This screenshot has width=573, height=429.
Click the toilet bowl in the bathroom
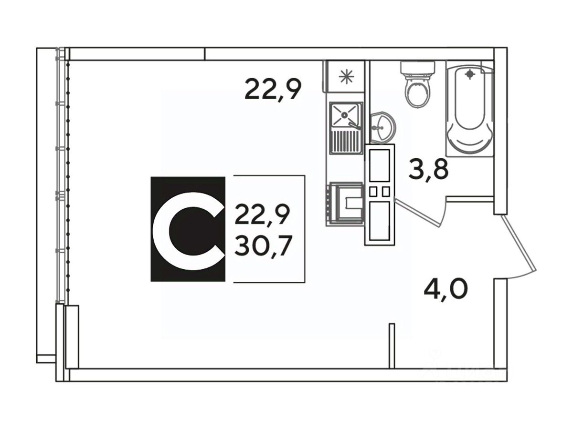pos(417,92)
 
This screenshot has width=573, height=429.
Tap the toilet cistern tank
pos(418,69)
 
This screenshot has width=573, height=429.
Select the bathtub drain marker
pos(471,74)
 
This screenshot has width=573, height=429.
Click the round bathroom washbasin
pos(382,127)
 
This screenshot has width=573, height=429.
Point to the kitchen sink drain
pos(344,114)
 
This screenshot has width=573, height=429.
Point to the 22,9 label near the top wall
pos(273,89)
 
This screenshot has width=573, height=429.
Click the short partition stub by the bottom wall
pos(392,346)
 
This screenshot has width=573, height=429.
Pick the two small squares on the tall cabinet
pos(380,192)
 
